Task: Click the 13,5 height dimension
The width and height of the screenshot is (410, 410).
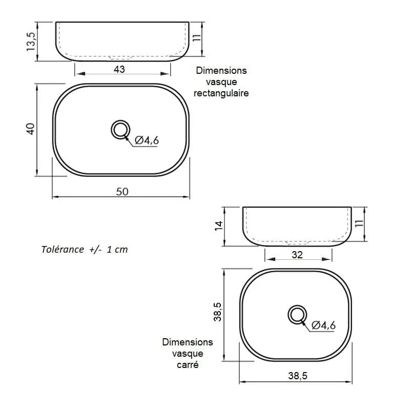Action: [31, 42]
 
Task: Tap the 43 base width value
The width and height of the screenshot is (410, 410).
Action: [119, 69]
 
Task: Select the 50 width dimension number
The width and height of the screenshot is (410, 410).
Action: [122, 192]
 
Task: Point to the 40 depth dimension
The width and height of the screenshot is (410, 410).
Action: [30, 129]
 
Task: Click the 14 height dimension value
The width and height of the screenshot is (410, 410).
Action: [219, 225]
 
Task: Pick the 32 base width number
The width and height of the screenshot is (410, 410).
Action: [297, 255]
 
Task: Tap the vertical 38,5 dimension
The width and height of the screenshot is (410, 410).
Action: [217, 312]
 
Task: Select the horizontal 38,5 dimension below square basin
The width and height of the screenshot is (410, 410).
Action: [298, 376]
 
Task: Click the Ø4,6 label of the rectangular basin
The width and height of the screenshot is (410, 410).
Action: [147, 140]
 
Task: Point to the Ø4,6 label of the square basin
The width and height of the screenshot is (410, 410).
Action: [323, 325]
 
